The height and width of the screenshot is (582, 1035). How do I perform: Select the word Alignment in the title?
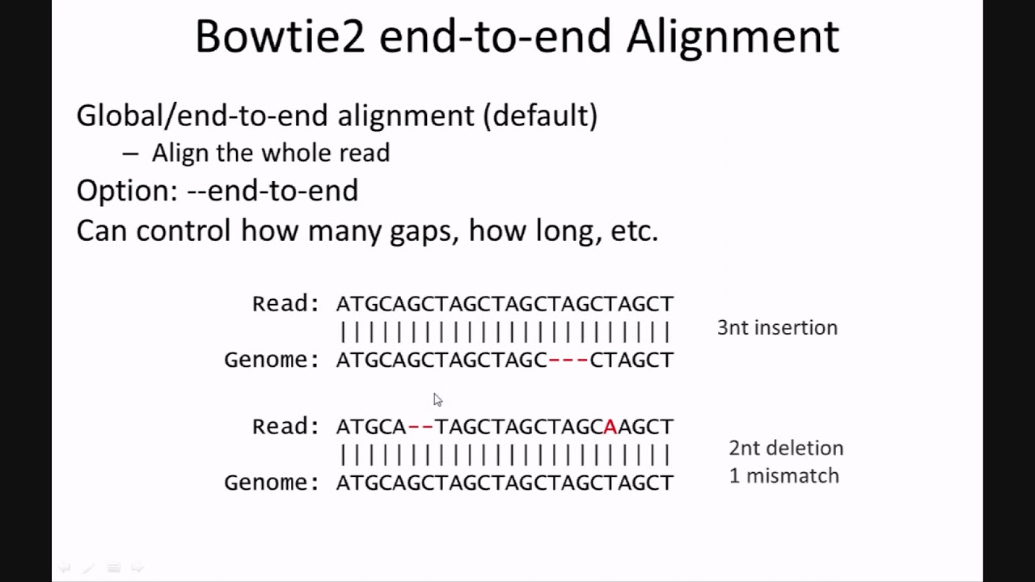tap(733, 37)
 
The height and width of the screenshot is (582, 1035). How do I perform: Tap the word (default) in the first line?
tap(540, 116)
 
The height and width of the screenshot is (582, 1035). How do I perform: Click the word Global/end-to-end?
tap(203, 116)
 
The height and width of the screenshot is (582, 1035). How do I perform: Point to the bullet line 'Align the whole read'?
tap(270, 153)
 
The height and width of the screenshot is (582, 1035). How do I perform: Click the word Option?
tap(126, 191)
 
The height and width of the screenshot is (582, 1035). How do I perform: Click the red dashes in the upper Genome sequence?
tap(568, 360)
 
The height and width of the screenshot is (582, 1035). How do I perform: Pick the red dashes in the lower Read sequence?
tap(420, 426)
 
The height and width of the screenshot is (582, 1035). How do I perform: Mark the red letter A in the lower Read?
tap(610, 426)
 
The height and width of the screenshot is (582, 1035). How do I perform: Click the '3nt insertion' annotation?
tap(777, 327)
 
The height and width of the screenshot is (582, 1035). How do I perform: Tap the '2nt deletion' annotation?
tap(785, 448)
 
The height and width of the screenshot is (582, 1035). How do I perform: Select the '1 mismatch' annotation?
tap(784, 475)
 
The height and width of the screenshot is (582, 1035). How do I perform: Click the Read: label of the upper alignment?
tap(285, 304)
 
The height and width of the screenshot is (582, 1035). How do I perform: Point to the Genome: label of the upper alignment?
tap(272, 360)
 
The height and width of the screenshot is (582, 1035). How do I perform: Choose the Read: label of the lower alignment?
tap(285, 426)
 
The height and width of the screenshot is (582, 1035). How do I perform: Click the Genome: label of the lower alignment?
tap(272, 483)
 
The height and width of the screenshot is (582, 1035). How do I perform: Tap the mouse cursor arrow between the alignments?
tap(437, 399)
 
